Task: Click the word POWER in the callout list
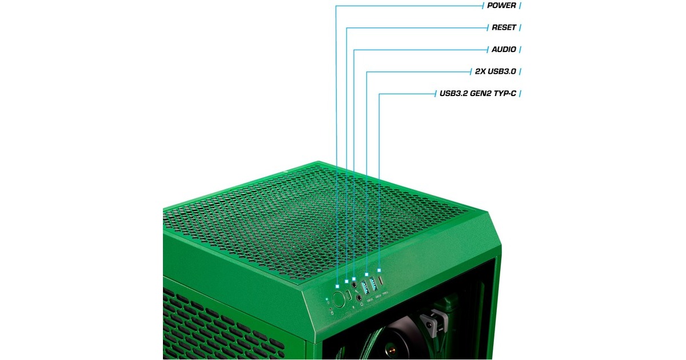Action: click(x=501, y=6)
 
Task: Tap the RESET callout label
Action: click(x=504, y=27)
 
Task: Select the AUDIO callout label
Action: click(x=504, y=50)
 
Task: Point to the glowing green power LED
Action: click(x=326, y=299)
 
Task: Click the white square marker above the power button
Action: click(x=338, y=284)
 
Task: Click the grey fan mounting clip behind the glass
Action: click(x=433, y=323)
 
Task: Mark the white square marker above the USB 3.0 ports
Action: click(x=366, y=274)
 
